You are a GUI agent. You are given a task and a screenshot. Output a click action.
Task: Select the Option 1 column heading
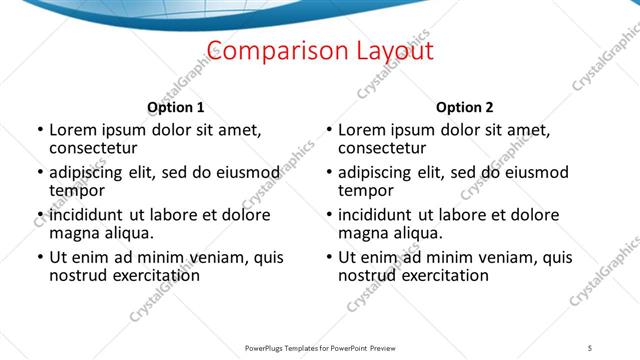175,107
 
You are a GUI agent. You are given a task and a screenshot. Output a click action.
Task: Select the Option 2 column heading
464,107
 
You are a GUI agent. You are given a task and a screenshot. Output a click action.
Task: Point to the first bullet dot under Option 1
39,130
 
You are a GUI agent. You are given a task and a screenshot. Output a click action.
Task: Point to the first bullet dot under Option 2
329,130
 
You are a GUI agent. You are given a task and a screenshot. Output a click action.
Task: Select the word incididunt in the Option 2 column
381,215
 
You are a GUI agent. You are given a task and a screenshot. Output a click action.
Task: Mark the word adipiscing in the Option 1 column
91,172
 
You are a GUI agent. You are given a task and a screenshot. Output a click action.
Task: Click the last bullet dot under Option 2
329,257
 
